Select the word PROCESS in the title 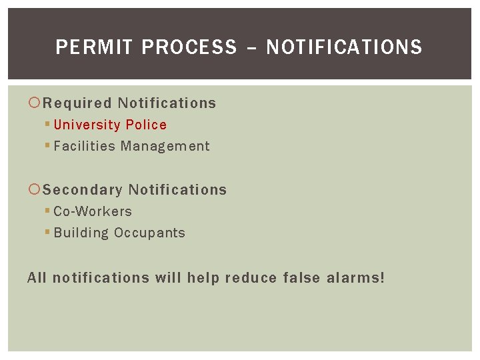(189, 47)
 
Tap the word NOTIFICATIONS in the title (344, 47)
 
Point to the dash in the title (251, 47)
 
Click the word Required (77, 103)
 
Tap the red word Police (146, 125)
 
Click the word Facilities (85, 147)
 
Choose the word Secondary (83, 190)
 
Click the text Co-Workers (93, 212)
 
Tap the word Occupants (149, 233)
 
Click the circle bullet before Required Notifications (35, 103)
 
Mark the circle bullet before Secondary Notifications (35, 190)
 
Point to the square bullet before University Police (48, 125)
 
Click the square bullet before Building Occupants (48, 233)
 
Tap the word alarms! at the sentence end (355, 277)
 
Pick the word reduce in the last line (251, 277)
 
